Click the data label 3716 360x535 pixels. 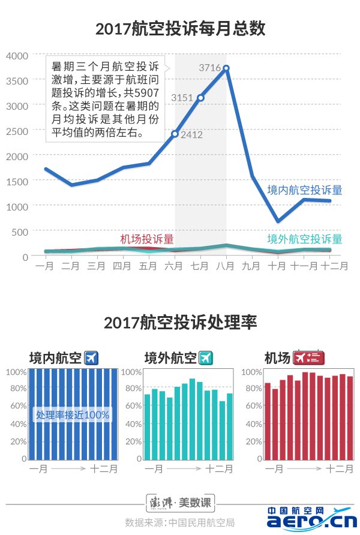click(x=209, y=68)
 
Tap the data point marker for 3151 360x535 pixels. click(x=200, y=97)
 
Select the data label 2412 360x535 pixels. click(x=191, y=135)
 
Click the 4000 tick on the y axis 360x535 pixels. click(x=17, y=55)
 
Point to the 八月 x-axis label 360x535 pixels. click(x=225, y=265)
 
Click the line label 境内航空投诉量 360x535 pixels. click(x=305, y=190)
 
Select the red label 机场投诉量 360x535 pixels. click(x=147, y=239)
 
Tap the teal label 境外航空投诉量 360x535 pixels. click(x=305, y=239)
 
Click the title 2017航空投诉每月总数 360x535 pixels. click(x=180, y=28)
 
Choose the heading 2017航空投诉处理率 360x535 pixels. click(x=180, y=323)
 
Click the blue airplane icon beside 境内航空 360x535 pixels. click(x=91, y=358)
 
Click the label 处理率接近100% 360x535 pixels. click(x=73, y=414)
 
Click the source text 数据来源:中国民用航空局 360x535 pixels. click(x=179, y=521)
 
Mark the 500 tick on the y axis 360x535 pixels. click(x=20, y=232)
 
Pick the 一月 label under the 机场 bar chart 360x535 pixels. click(x=274, y=469)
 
